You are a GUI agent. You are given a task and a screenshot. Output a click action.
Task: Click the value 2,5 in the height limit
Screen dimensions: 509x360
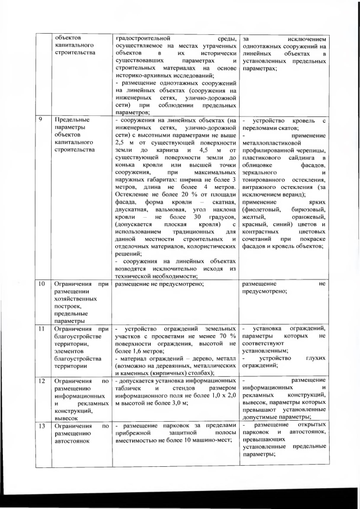click(120, 143)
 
